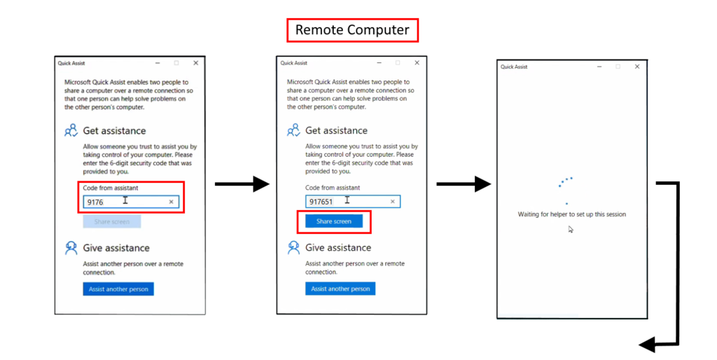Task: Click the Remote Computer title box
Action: pos(352,30)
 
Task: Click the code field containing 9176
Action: pos(131,202)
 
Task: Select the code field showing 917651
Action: pos(353,201)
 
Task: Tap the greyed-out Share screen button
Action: pos(111,221)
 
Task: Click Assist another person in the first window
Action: pos(118,289)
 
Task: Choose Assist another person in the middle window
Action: pos(340,289)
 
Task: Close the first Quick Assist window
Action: pos(196,63)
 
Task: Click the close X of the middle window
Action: pos(417,62)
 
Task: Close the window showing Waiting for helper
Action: pos(637,67)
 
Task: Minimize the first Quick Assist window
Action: pos(158,63)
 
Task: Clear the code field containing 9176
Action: pos(172,202)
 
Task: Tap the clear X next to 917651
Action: pos(392,201)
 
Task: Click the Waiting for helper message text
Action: pos(571,214)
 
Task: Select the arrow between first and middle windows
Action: pos(242,184)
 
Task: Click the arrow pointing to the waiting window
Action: pos(464,184)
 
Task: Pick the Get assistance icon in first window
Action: pos(71,130)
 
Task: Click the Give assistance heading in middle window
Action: pos(338,247)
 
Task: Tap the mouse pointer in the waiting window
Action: pos(571,229)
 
